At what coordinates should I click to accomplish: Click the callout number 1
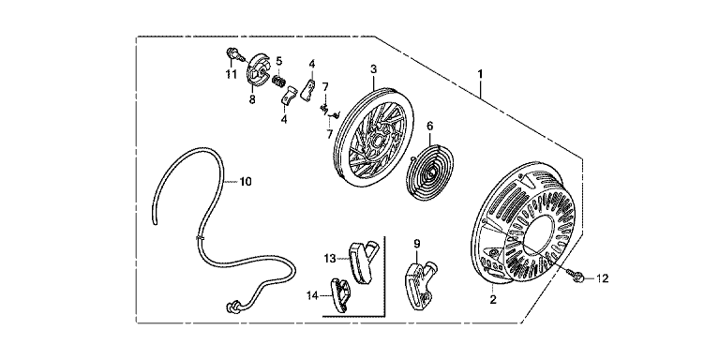pos(480,74)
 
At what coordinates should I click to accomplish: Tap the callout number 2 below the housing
pos(493,300)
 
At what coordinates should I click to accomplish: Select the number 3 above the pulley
pos(373,69)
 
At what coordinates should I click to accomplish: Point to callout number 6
pos(429,127)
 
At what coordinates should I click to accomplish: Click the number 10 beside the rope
pos(246,182)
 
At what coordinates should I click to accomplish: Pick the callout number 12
pos(603,278)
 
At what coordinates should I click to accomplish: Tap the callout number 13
pos(330,259)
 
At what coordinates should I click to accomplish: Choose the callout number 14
pos(312,295)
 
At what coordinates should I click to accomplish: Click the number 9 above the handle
pos(417,244)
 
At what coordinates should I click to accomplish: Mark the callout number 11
pos(232,74)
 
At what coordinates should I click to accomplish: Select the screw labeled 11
pos(234,54)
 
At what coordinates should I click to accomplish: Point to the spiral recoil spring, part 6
pos(430,172)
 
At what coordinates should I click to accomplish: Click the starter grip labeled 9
pos(421,284)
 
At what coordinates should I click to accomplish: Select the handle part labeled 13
pos(363,262)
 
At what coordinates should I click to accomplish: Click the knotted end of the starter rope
pos(233,307)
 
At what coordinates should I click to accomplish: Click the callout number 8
pos(252,99)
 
